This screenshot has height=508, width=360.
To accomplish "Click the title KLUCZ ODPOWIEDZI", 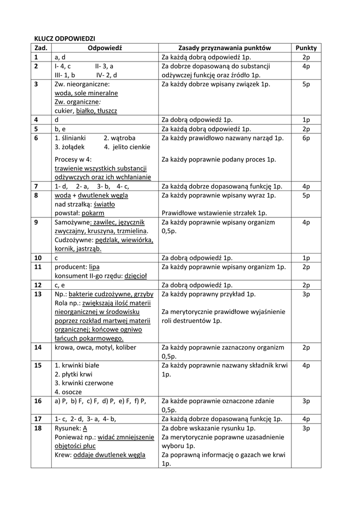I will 64,38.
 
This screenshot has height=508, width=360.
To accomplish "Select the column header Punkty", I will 306,48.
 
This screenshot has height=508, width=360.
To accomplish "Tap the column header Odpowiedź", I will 105,48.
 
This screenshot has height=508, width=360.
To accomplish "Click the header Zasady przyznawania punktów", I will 224,48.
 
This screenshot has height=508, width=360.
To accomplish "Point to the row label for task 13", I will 38,294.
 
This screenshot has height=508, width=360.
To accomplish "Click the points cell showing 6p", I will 306,138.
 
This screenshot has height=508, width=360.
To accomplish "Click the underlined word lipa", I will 94,267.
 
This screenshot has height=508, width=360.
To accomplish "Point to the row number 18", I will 38,428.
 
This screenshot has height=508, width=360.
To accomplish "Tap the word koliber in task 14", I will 125,347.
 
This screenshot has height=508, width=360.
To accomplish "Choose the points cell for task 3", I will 306,84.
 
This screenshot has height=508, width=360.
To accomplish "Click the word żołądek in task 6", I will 72,147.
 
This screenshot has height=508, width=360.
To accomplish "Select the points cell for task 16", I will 306,401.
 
